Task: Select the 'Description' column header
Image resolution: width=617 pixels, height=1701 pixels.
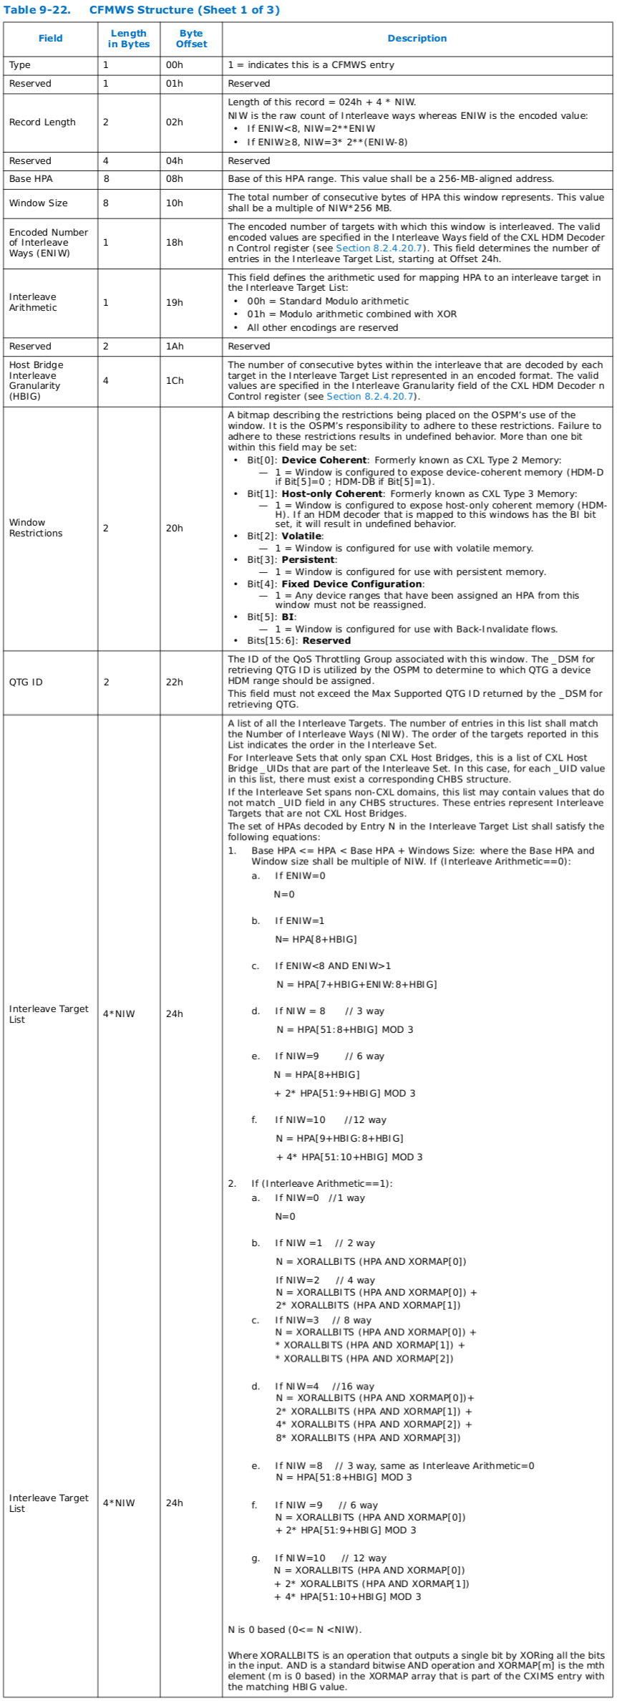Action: [417, 39]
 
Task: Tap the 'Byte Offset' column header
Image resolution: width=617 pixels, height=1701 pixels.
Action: [191, 39]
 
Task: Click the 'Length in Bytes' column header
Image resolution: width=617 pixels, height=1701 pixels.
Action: [129, 39]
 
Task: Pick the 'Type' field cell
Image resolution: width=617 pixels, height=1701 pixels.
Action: [20, 65]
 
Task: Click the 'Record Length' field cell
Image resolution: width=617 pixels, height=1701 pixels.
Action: [42, 122]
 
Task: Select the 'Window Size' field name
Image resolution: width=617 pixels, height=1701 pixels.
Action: [38, 203]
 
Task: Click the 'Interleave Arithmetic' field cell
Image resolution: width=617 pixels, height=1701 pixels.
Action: [33, 302]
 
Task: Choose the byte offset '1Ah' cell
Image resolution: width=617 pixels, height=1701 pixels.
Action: [174, 347]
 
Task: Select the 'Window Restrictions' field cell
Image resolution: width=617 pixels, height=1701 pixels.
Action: [36, 528]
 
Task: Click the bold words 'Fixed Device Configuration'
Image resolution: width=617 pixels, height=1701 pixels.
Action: [351, 584]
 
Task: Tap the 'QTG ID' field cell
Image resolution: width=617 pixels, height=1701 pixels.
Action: [26, 682]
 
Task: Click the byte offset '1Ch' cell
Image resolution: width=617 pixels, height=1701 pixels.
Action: [174, 381]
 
